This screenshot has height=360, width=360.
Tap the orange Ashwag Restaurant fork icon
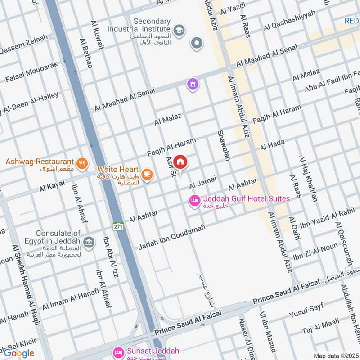coord(81,163)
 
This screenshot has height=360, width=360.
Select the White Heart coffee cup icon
coord(147,175)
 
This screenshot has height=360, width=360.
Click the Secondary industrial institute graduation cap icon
coord(179,30)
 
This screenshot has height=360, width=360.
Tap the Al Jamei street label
coord(202,183)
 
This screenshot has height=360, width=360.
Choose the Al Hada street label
coord(272,145)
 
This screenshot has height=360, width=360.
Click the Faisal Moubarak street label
coord(31,72)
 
